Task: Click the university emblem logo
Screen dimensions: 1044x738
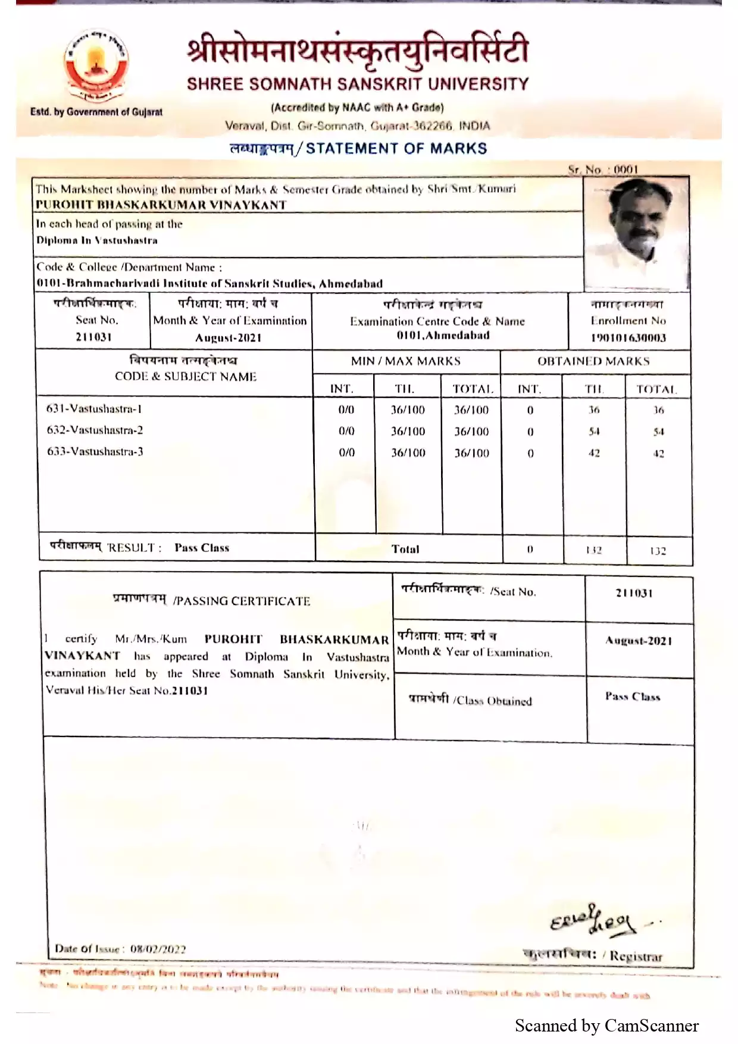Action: [96, 67]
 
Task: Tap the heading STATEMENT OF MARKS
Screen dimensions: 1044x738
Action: [396, 149]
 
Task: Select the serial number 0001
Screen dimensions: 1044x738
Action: [626, 170]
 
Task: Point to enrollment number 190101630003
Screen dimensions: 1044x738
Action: [628, 338]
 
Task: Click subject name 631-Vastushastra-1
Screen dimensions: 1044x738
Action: [94, 409]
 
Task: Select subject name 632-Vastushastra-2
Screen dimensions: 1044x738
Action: [95, 430]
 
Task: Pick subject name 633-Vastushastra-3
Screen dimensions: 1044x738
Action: [95, 452]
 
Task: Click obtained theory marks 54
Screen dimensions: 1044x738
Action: [594, 431]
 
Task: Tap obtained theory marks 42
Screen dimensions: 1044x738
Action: [594, 453]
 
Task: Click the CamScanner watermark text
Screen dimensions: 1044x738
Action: [606, 1026]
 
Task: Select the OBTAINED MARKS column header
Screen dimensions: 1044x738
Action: [593, 361]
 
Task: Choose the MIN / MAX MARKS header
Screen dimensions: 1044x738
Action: [405, 361]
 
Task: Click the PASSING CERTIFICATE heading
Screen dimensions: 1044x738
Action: [242, 601]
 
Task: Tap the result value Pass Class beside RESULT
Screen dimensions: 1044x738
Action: [202, 548]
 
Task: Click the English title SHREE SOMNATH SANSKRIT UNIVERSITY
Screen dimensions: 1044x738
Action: [358, 84]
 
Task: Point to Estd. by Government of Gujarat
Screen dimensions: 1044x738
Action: [96, 112]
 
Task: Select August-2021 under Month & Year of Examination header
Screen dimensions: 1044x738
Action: [229, 338]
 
